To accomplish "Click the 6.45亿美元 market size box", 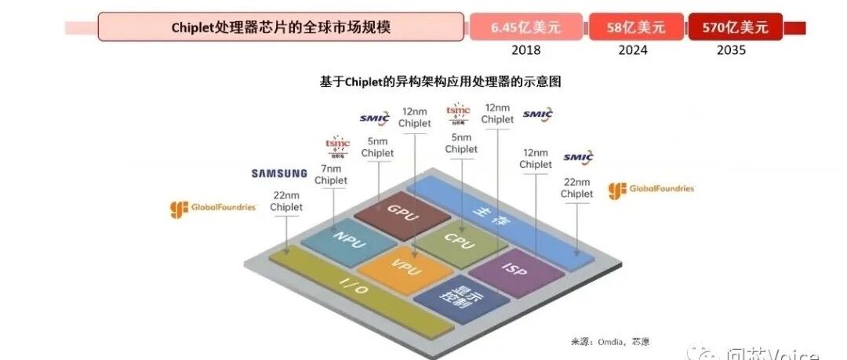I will click(525, 27).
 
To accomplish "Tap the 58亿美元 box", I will click(635, 27).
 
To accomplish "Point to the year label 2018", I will click(525, 50).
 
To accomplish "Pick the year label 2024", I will click(633, 50).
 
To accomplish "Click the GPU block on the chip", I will click(394, 209).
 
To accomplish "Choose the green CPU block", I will click(459, 239).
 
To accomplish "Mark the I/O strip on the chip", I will click(353, 287).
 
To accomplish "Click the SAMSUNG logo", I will click(278, 173).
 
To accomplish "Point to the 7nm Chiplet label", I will click(330, 174).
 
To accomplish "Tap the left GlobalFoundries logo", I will click(213, 209).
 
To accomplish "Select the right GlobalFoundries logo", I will click(651, 191).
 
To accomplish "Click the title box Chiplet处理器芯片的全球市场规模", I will click(281, 27).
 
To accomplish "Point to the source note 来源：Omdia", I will click(609, 341).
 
